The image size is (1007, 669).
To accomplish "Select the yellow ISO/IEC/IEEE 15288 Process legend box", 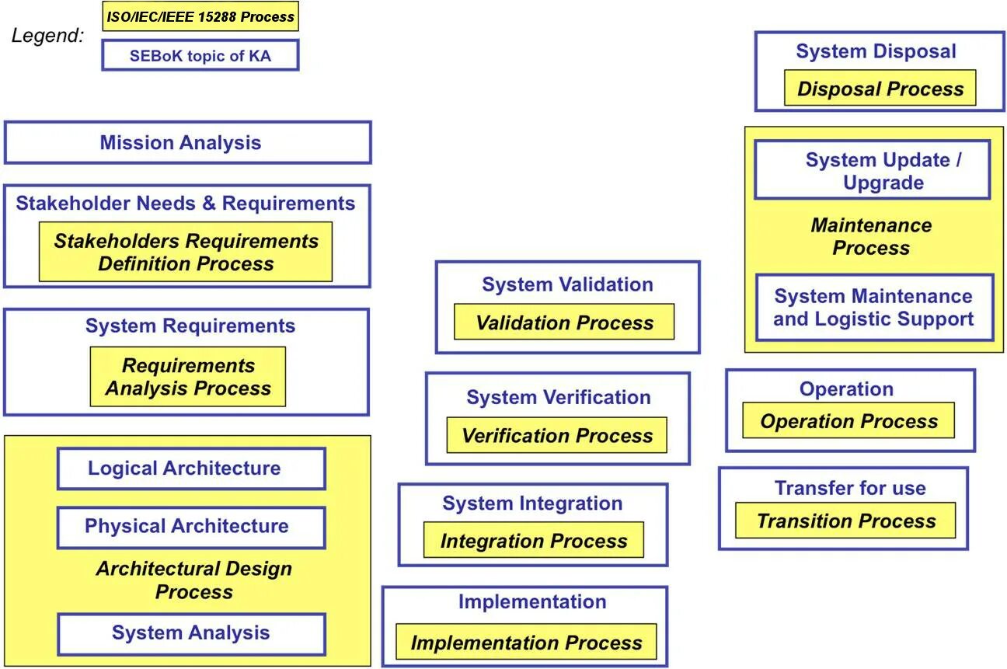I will click(x=200, y=16).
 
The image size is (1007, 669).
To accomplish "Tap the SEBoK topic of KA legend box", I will click(x=200, y=55).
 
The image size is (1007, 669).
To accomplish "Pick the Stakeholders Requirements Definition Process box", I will click(x=186, y=252).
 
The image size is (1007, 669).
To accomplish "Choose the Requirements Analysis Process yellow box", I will click(x=188, y=377).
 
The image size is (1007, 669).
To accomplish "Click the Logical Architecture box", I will click(x=191, y=469).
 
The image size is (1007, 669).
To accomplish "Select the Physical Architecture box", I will click(x=191, y=527).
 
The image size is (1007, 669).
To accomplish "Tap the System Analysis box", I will click(x=191, y=633).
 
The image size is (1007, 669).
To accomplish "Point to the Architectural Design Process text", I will click(x=193, y=580).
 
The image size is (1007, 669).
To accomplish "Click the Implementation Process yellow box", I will click(x=526, y=643).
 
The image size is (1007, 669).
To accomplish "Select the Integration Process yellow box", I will click(x=534, y=540).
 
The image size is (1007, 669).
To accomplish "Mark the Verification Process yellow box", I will click(x=556, y=435).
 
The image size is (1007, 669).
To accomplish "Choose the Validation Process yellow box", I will click(x=564, y=322).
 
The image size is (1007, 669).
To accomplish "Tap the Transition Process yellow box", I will click(x=845, y=521).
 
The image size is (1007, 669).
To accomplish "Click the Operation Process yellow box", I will click(x=848, y=421).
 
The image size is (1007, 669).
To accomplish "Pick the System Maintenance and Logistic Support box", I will click(x=874, y=308).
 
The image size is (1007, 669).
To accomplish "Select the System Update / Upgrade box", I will click(x=873, y=170).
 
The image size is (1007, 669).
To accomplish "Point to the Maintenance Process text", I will click(x=871, y=236).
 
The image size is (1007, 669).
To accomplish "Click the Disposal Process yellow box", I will click(x=880, y=89).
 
